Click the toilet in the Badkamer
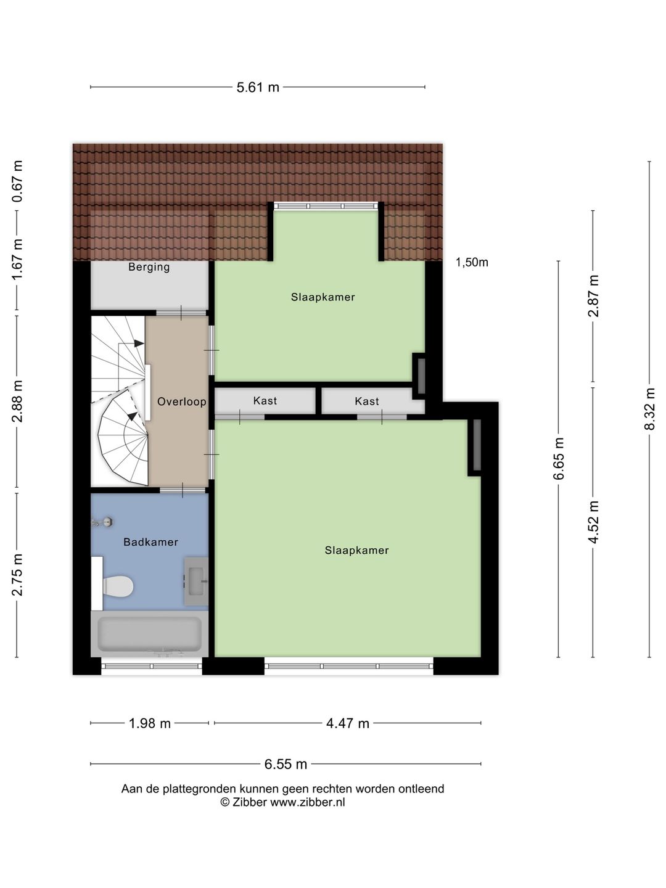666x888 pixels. (117, 586)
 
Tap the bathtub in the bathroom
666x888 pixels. (150, 633)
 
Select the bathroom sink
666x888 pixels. (196, 581)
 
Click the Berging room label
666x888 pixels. (149, 267)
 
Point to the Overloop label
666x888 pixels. (181, 402)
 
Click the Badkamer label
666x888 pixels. (150, 542)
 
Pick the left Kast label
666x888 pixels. (265, 401)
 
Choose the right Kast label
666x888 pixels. (367, 401)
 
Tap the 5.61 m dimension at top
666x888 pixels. (258, 88)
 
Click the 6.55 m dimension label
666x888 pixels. (286, 764)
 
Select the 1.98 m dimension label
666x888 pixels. (149, 723)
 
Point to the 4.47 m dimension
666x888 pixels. (348, 723)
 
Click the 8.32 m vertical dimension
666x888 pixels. (649, 409)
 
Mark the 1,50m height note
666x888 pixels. (472, 263)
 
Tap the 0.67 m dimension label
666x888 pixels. (17, 181)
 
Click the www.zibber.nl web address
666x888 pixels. (307, 802)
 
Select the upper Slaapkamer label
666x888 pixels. (323, 297)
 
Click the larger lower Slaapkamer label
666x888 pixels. (356, 551)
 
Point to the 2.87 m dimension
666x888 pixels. (593, 296)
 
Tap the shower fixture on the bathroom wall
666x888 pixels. (104, 522)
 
